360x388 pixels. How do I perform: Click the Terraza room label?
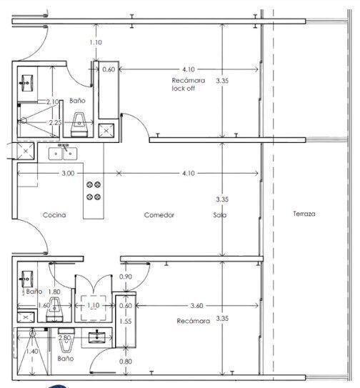pos(304,214)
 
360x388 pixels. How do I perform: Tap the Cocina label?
pos(54,215)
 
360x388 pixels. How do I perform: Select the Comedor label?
pos(159,215)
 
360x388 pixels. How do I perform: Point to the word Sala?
pos(220,215)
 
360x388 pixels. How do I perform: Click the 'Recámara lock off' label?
pos(188,84)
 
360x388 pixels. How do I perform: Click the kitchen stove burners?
pos(94,191)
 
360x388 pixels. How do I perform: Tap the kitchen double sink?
pos(63,154)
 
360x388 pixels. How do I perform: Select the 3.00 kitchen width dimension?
pos(68,173)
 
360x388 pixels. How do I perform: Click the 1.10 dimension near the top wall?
pos(96,42)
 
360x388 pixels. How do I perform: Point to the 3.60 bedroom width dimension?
pos(196,306)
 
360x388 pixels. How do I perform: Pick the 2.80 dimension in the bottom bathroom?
pos(64,337)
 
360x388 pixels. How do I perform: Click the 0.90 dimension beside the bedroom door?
pos(126,277)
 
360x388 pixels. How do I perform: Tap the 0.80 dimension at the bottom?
pos(126,362)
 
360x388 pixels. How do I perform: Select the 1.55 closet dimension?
pos(126,321)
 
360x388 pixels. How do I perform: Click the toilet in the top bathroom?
pos(79,125)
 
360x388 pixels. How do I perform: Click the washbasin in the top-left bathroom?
pos(26,83)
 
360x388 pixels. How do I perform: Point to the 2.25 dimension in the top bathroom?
pos(55,122)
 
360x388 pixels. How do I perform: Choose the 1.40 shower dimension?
pos(32,351)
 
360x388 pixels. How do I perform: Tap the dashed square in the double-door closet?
pos(94,307)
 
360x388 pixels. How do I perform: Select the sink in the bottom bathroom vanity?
pos(96,337)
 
